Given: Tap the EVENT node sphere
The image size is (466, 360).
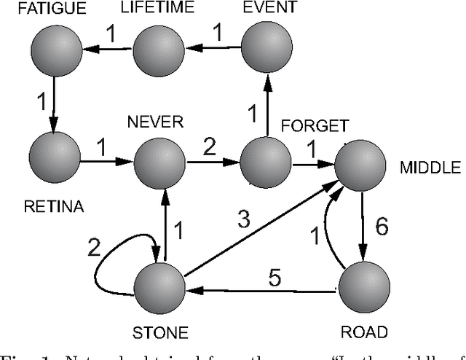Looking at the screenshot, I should (266, 49).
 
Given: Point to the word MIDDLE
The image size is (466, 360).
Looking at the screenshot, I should (430, 168).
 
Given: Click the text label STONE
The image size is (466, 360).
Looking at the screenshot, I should (160, 334).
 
